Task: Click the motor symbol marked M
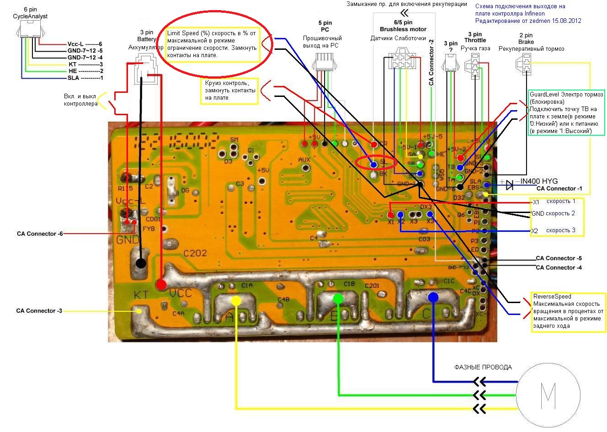pos(548,395)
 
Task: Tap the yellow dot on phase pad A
pos(236,300)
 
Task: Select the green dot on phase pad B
pos(338,299)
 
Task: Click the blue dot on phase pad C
pos(433,297)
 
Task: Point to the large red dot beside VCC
pos(161,284)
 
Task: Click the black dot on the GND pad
pos(141,263)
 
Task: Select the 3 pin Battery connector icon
pos(145,69)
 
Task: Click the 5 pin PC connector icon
pos(324,61)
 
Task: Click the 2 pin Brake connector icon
pos(527,64)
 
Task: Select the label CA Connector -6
pos(40,234)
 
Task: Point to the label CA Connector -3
pos(39,311)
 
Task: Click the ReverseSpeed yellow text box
pos(567,311)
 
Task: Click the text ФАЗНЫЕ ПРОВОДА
pos(483,367)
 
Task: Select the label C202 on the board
pos(195,253)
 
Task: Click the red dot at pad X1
pos(391,214)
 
